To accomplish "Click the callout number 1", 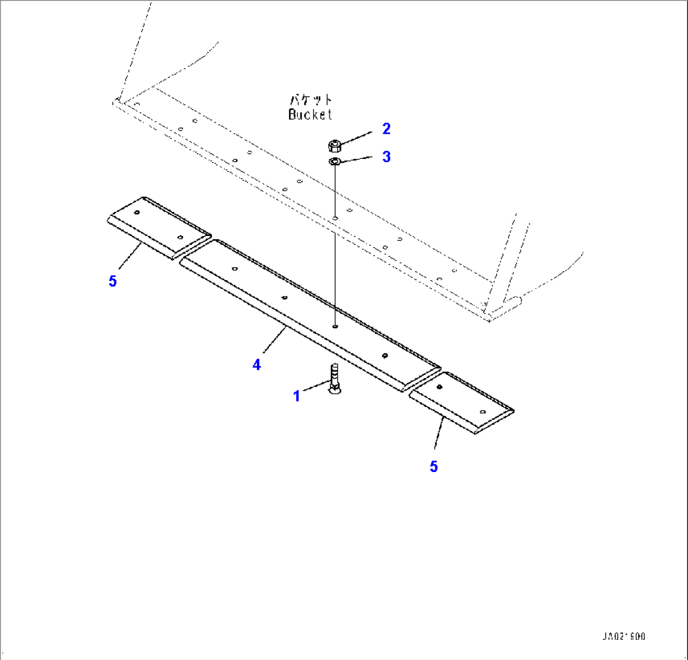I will point(296,396).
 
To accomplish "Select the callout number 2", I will point(386,129).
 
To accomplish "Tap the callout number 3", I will point(386,156).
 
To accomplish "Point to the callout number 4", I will point(256,364).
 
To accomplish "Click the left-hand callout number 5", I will point(112,281).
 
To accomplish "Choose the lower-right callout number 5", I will point(434,466).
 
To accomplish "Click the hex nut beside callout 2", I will point(335,146).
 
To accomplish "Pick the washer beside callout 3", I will point(335,162).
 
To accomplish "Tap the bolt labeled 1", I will point(334,381).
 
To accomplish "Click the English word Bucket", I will point(310,114).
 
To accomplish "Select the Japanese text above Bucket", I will point(311,100).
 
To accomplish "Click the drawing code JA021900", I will point(624,637).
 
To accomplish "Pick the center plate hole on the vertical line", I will point(335,327).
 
